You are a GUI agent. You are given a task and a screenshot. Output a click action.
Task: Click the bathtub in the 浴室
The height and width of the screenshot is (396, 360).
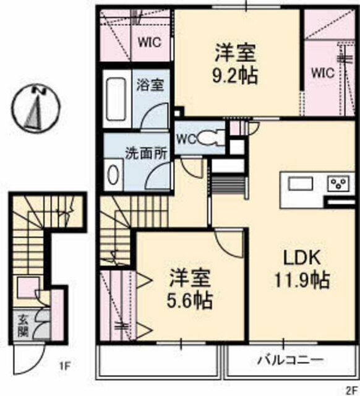(116, 99)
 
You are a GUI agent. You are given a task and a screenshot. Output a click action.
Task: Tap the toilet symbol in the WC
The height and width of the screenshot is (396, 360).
(211, 138)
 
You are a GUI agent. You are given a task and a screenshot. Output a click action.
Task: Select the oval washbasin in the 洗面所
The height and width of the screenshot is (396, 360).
(113, 174)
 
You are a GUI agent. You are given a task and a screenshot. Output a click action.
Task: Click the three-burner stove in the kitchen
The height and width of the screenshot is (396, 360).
(339, 183)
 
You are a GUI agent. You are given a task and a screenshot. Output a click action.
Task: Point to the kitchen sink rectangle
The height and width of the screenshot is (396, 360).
(301, 183)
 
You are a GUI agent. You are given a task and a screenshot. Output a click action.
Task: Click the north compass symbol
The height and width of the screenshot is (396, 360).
(37, 108)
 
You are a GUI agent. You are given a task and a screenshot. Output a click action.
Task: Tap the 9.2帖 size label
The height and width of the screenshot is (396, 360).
(235, 75)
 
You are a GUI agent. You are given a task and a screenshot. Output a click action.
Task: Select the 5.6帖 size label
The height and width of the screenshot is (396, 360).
(189, 301)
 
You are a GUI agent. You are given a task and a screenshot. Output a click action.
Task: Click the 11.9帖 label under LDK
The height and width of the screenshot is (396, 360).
(302, 280)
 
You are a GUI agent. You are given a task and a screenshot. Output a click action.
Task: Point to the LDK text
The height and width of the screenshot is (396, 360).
(302, 258)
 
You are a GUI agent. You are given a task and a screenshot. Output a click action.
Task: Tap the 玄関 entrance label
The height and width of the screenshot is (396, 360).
(24, 326)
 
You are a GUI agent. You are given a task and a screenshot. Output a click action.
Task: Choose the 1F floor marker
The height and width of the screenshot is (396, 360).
(64, 366)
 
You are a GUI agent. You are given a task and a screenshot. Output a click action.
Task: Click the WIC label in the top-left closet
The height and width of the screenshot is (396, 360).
(150, 42)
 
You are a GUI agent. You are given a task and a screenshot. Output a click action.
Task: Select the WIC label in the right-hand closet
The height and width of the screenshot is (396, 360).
(323, 73)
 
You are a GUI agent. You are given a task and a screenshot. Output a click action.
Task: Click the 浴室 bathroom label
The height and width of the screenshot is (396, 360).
(150, 85)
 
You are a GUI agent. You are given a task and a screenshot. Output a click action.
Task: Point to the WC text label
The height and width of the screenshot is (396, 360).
(187, 139)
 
